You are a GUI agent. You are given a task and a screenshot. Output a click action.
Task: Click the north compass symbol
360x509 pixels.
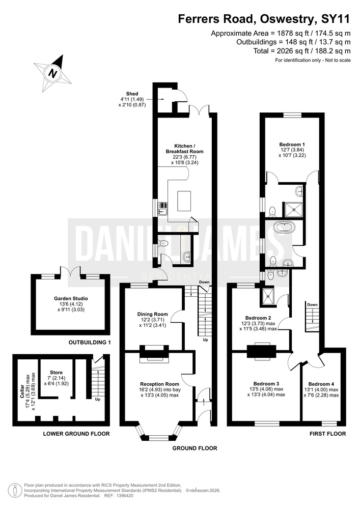tap(52, 73)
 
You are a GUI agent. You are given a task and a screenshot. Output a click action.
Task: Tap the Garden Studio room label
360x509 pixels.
tap(71, 298)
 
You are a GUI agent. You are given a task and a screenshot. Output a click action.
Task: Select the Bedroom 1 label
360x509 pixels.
tap(292, 145)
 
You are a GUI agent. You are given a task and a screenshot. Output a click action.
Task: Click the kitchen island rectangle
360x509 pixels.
tap(184, 201)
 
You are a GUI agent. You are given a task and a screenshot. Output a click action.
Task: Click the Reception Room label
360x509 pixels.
tap(160, 384)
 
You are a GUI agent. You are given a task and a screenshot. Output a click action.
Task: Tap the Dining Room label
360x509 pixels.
tap(153, 314)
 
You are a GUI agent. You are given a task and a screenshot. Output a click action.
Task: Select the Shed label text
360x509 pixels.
tap(132, 94)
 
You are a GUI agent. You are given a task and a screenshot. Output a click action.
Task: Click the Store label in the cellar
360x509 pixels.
tap(56, 373)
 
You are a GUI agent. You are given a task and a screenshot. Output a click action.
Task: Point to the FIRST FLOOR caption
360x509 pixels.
tap(327, 434)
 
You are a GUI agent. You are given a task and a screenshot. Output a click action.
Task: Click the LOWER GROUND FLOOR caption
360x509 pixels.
tap(76, 434)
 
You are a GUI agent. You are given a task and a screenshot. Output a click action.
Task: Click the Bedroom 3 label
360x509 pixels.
tap(266, 383)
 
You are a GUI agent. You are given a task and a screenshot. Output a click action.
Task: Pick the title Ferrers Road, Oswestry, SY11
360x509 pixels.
tap(264, 19)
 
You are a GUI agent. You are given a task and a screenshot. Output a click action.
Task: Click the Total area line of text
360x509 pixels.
tap(302, 51)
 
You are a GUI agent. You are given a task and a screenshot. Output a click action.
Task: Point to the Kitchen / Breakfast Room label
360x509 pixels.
tap(185, 149)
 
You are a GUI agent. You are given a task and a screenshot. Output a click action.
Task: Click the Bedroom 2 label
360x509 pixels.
tap(258, 318)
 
